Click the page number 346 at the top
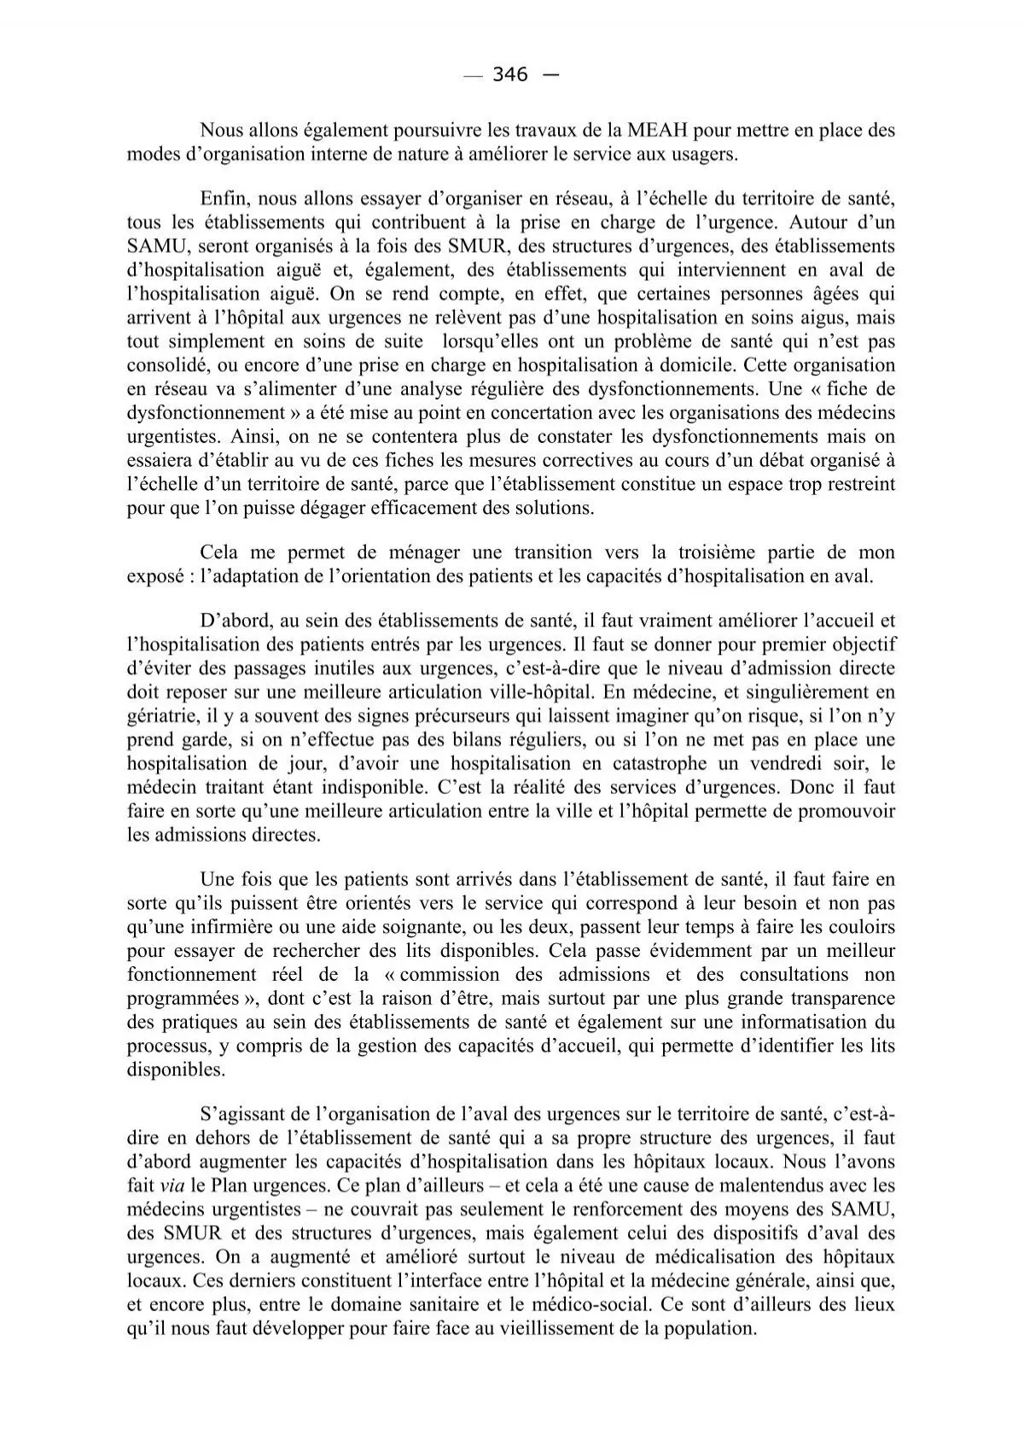click(x=510, y=75)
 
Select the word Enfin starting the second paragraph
click(x=224, y=199)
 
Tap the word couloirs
click(x=863, y=927)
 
